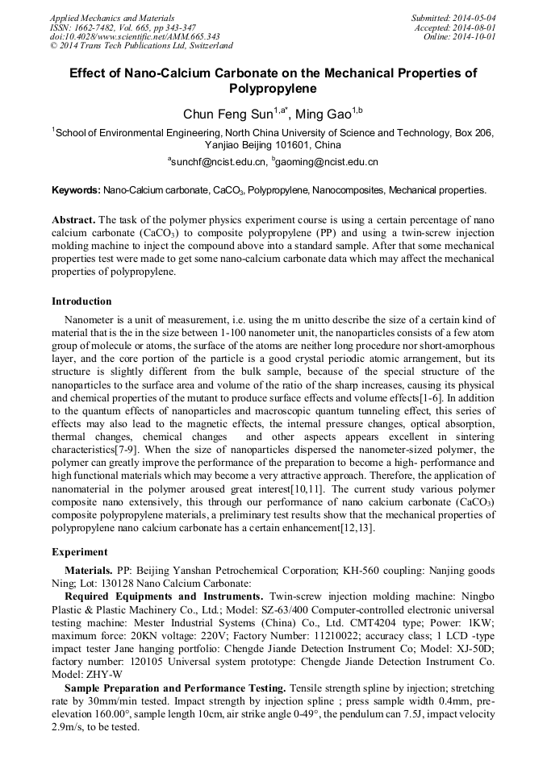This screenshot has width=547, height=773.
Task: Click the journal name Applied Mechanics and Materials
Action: point(112,18)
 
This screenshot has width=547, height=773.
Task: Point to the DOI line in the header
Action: point(135,36)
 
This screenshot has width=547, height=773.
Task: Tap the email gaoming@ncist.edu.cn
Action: point(328,162)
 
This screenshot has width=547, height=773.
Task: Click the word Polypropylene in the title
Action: point(273,89)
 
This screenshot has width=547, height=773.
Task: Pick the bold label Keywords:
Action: point(76,191)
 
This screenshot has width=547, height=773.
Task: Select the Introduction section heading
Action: point(81,301)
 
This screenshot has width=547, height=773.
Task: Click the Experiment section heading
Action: point(80,552)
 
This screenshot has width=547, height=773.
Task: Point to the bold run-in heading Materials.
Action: point(90,570)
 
